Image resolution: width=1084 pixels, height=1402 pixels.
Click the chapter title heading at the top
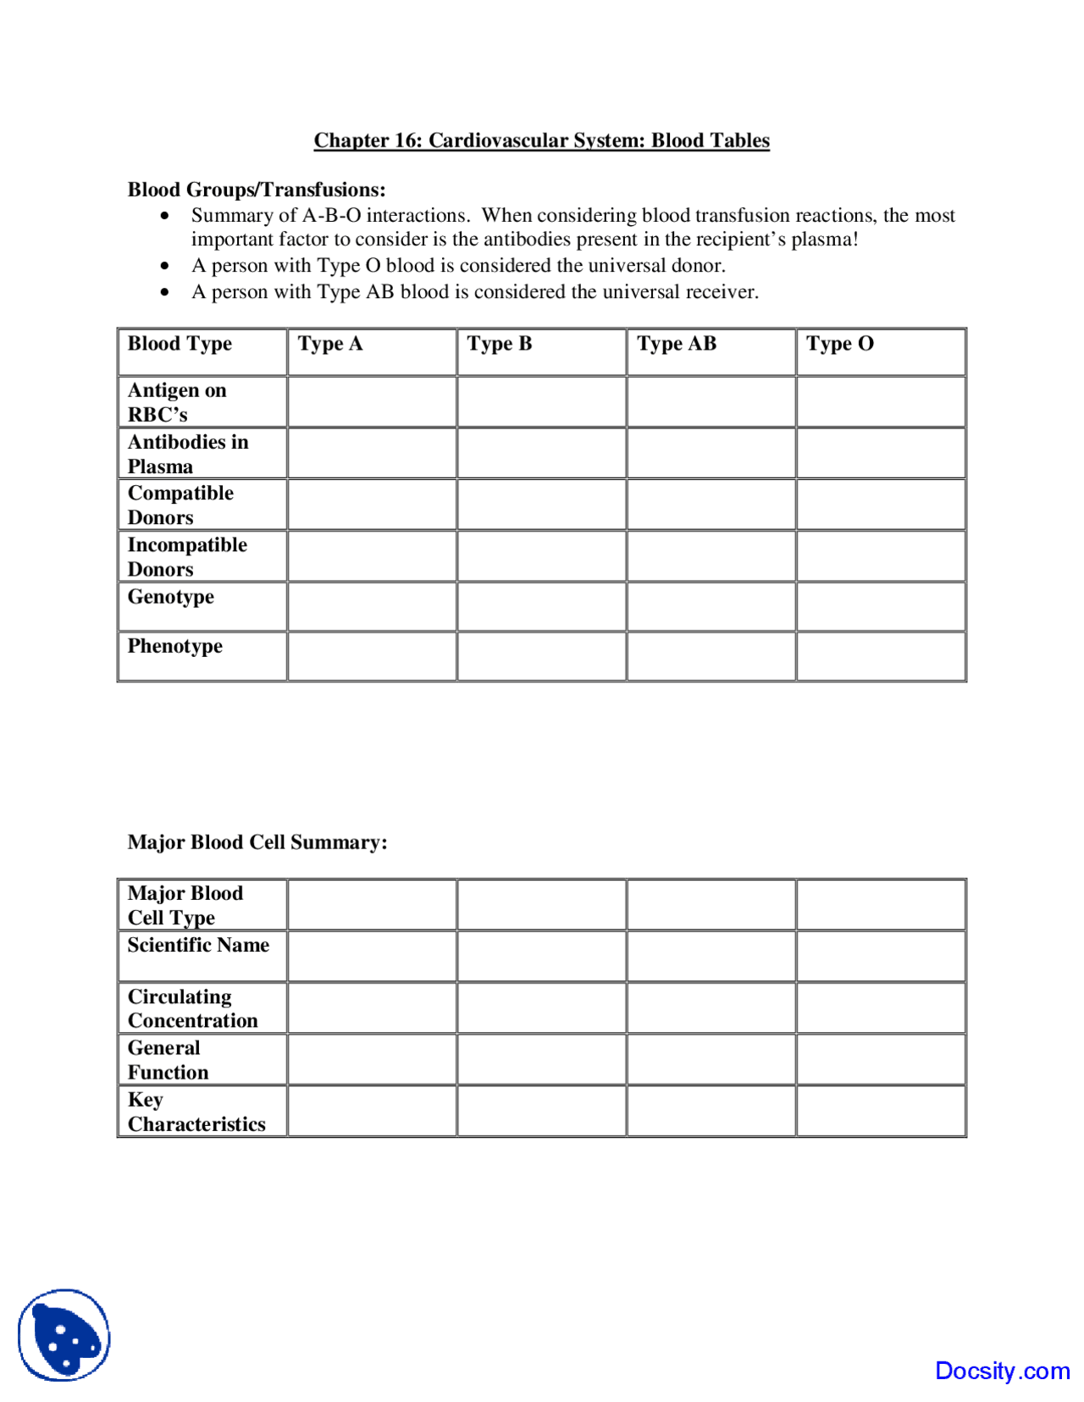541,141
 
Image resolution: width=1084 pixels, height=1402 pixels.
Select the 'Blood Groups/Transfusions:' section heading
257,190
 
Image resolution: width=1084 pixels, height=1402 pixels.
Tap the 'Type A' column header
330,344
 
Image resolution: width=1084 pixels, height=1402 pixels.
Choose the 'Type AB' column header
677,344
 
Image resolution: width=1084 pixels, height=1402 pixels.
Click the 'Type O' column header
839,344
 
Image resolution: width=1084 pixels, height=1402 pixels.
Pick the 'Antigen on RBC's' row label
177,402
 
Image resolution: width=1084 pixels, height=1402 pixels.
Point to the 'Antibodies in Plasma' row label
188,454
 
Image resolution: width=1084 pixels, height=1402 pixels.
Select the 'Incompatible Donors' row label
187,556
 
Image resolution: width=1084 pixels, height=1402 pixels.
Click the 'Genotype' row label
171,597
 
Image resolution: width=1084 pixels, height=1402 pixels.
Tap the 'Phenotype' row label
175,646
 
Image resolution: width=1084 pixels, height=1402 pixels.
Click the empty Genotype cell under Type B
541,606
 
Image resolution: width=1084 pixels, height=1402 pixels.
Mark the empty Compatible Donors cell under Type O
881,505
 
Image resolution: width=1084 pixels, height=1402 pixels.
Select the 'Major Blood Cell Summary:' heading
257,842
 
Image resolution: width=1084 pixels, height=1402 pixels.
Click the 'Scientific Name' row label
198,945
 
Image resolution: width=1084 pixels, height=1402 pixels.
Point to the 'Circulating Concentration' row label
192,1008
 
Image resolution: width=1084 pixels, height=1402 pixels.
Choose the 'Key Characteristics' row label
196,1112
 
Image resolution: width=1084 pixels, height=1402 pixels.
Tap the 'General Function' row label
168,1060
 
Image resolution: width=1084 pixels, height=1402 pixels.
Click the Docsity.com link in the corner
1002,1371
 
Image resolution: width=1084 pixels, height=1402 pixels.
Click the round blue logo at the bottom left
64,1335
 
